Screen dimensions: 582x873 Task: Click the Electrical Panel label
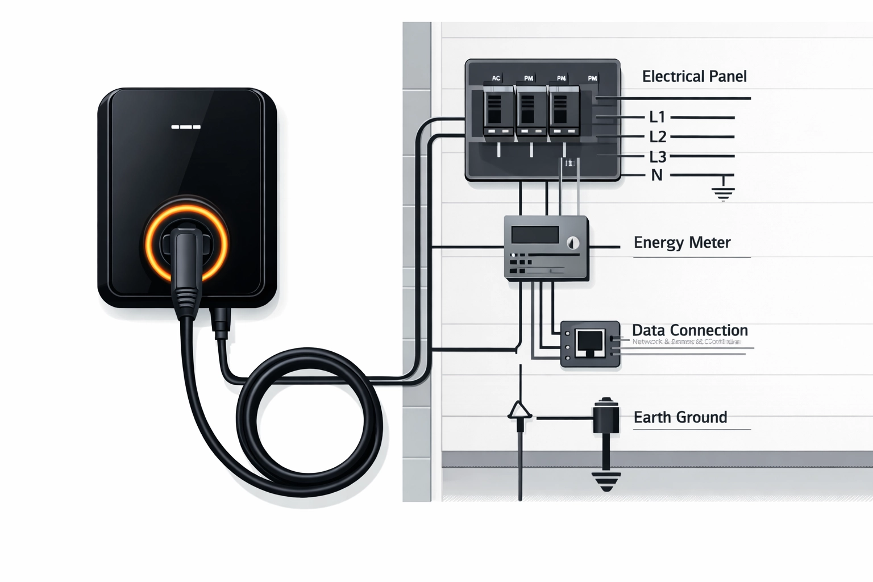(x=694, y=76)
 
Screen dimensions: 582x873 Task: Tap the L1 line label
(x=657, y=117)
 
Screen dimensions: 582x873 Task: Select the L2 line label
(x=657, y=136)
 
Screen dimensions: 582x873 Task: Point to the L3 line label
(x=657, y=156)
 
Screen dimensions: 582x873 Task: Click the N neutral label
(x=656, y=175)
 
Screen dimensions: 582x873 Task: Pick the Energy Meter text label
(x=681, y=243)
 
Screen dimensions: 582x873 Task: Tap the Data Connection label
(x=689, y=330)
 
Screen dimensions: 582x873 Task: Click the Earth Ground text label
(x=680, y=417)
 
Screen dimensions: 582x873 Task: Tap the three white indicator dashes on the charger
(x=186, y=127)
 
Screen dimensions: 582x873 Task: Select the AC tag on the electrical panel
(x=496, y=78)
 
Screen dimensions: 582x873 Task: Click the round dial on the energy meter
(x=573, y=243)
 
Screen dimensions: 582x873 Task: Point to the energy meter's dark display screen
(x=535, y=234)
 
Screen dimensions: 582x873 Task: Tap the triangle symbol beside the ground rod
(x=519, y=410)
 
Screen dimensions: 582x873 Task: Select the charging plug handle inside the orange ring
(x=186, y=259)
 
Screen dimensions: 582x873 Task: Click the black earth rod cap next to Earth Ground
(x=606, y=415)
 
